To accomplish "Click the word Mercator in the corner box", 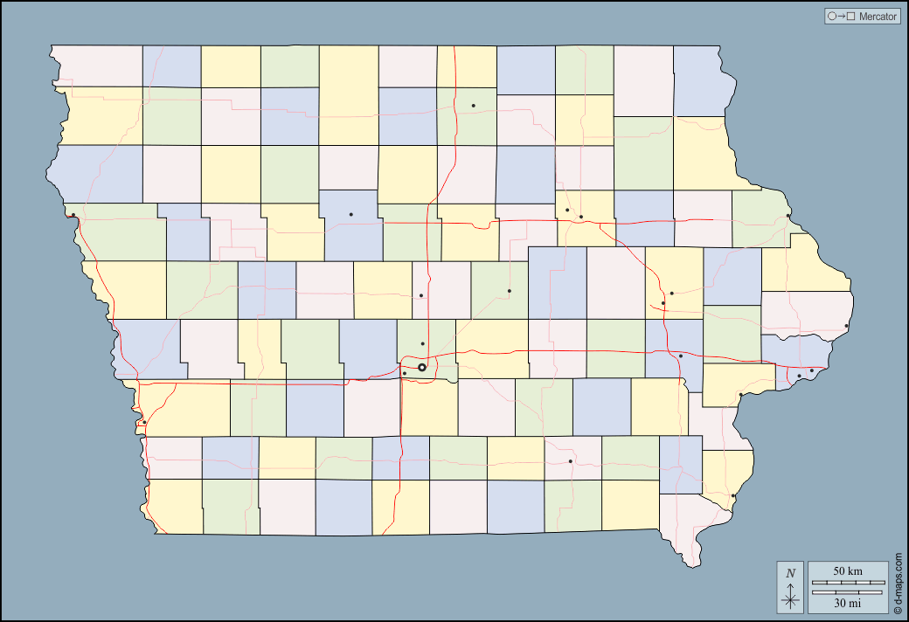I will click(878, 17).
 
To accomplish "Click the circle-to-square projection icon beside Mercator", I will click(840, 17).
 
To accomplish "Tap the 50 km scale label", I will click(847, 570).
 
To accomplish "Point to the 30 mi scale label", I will click(847, 603).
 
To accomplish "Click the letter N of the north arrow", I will click(790, 573).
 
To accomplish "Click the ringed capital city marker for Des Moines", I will click(422, 368).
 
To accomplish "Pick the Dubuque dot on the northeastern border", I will click(788, 216).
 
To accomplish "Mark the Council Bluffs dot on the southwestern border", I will click(144, 423).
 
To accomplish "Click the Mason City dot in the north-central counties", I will click(473, 106).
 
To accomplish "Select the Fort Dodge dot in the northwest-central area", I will click(350, 214).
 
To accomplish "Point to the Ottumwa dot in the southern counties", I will click(570, 461).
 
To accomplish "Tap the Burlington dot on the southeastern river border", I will click(733, 496).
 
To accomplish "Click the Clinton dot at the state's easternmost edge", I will click(846, 327).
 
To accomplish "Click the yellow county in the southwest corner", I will click(175, 506).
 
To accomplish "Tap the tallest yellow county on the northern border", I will click(349, 94).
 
